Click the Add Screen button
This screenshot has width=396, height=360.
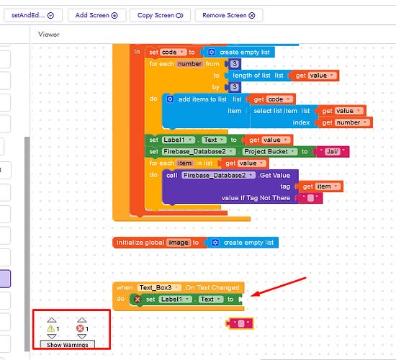96,15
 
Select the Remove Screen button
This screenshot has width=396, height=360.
229,15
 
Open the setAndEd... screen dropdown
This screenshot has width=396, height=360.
33,15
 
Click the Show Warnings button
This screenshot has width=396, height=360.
68,345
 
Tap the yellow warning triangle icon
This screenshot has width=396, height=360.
51,328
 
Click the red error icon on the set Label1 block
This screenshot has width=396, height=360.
138,300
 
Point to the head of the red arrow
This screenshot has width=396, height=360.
252,296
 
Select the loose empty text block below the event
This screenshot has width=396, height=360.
240,323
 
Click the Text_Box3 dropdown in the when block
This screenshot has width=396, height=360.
159,287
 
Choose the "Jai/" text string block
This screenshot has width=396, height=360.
332,152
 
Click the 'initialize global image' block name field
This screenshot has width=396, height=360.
179,243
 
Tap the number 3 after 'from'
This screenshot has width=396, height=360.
235,64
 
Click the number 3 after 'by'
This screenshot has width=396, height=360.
235,87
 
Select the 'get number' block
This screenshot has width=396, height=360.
345,122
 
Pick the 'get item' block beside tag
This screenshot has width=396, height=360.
320,186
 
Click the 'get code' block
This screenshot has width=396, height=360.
271,99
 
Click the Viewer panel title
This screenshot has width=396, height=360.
49,35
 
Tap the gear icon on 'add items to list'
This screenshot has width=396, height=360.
170,99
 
